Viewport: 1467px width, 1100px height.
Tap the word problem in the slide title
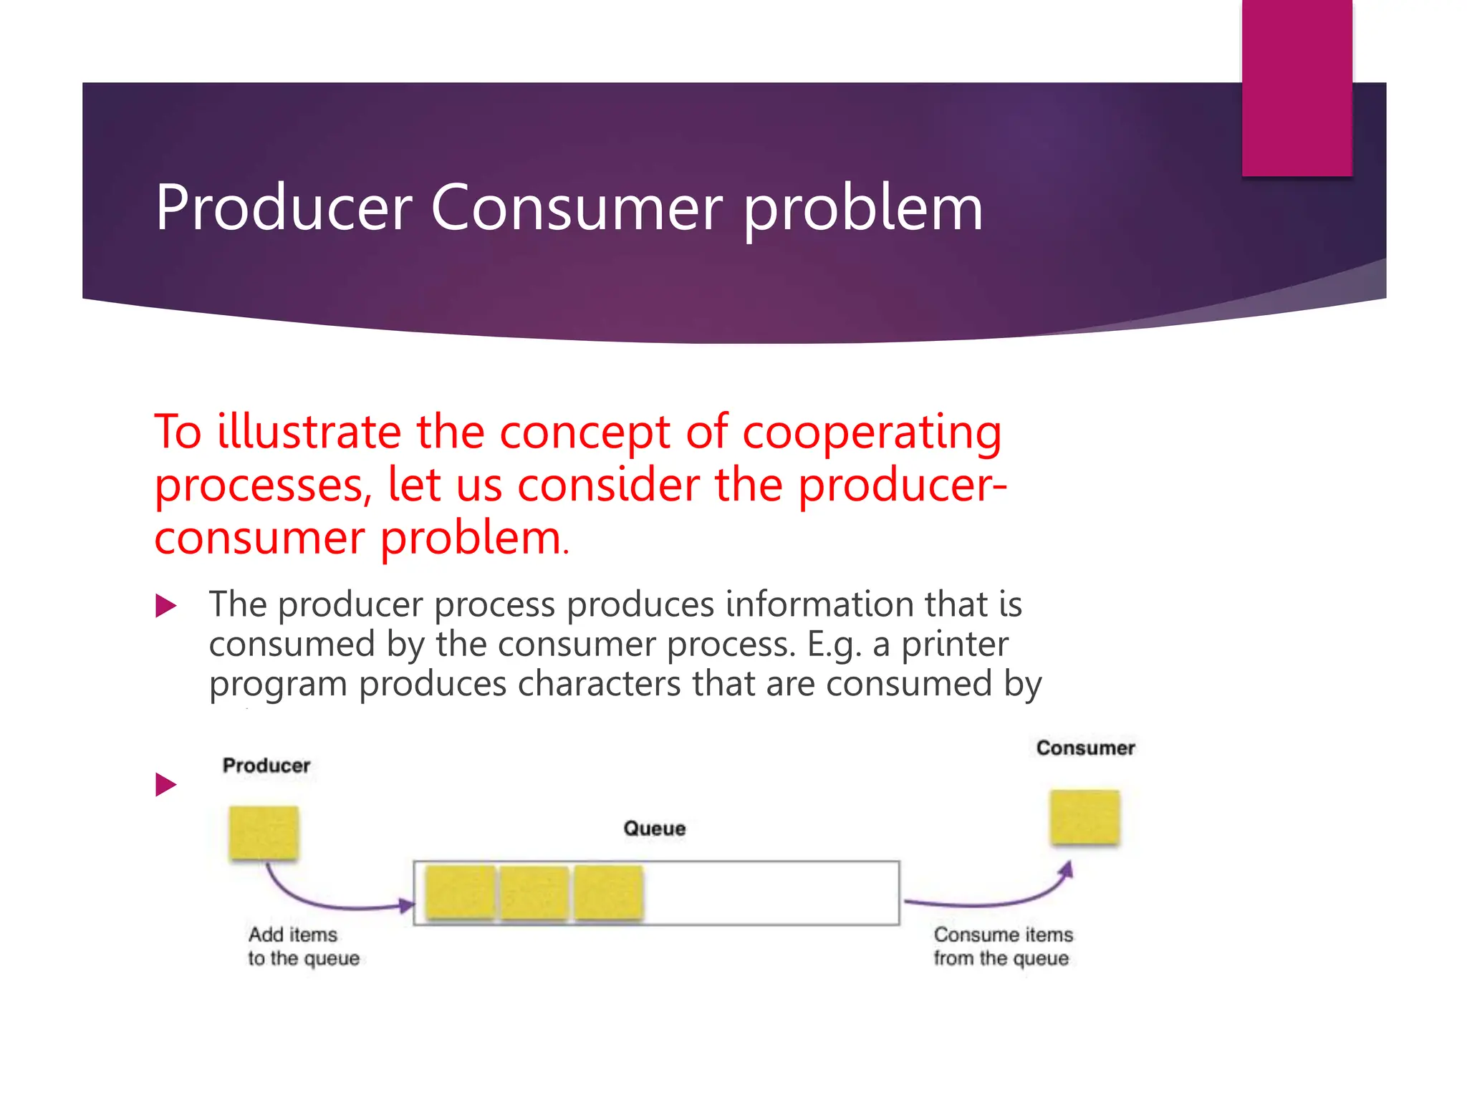[862, 209]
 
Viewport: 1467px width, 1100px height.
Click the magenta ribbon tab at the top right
[1297, 86]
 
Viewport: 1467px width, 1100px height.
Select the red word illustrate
[309, 432]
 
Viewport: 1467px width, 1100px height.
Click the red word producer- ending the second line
[903, 486]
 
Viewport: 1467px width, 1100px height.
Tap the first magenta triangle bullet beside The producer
[165, 607]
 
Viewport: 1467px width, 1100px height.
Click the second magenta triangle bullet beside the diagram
[165, 784]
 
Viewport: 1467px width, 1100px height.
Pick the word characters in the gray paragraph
[599, 683]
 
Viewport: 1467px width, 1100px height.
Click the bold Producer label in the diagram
[266, 766]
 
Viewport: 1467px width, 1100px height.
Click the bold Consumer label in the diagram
[1085, 748]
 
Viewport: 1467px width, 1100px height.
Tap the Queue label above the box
[654, 829]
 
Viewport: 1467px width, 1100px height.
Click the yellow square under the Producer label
[264, 832]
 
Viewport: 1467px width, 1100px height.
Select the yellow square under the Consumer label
[1084, 817]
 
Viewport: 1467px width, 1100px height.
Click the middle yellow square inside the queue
[534, 892]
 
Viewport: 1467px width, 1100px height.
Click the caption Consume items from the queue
[1002, 946]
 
